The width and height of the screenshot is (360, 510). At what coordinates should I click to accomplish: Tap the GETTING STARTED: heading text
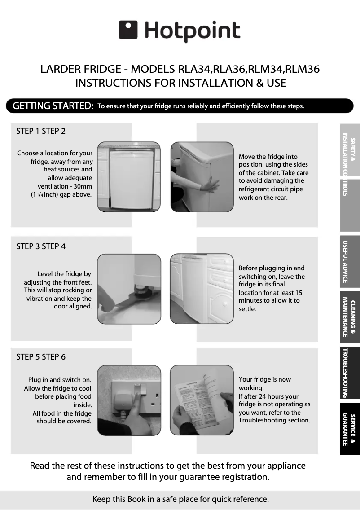point(53,106)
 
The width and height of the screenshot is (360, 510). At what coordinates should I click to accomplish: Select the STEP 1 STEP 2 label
point(41,131)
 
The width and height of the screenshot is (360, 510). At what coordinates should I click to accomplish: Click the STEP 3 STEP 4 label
point(41,246)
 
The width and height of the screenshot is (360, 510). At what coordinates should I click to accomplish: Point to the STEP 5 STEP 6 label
point(41,357)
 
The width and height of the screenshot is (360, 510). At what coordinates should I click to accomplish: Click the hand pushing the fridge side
point(209,185)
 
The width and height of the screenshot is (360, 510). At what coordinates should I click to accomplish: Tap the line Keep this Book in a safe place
point(180,499)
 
